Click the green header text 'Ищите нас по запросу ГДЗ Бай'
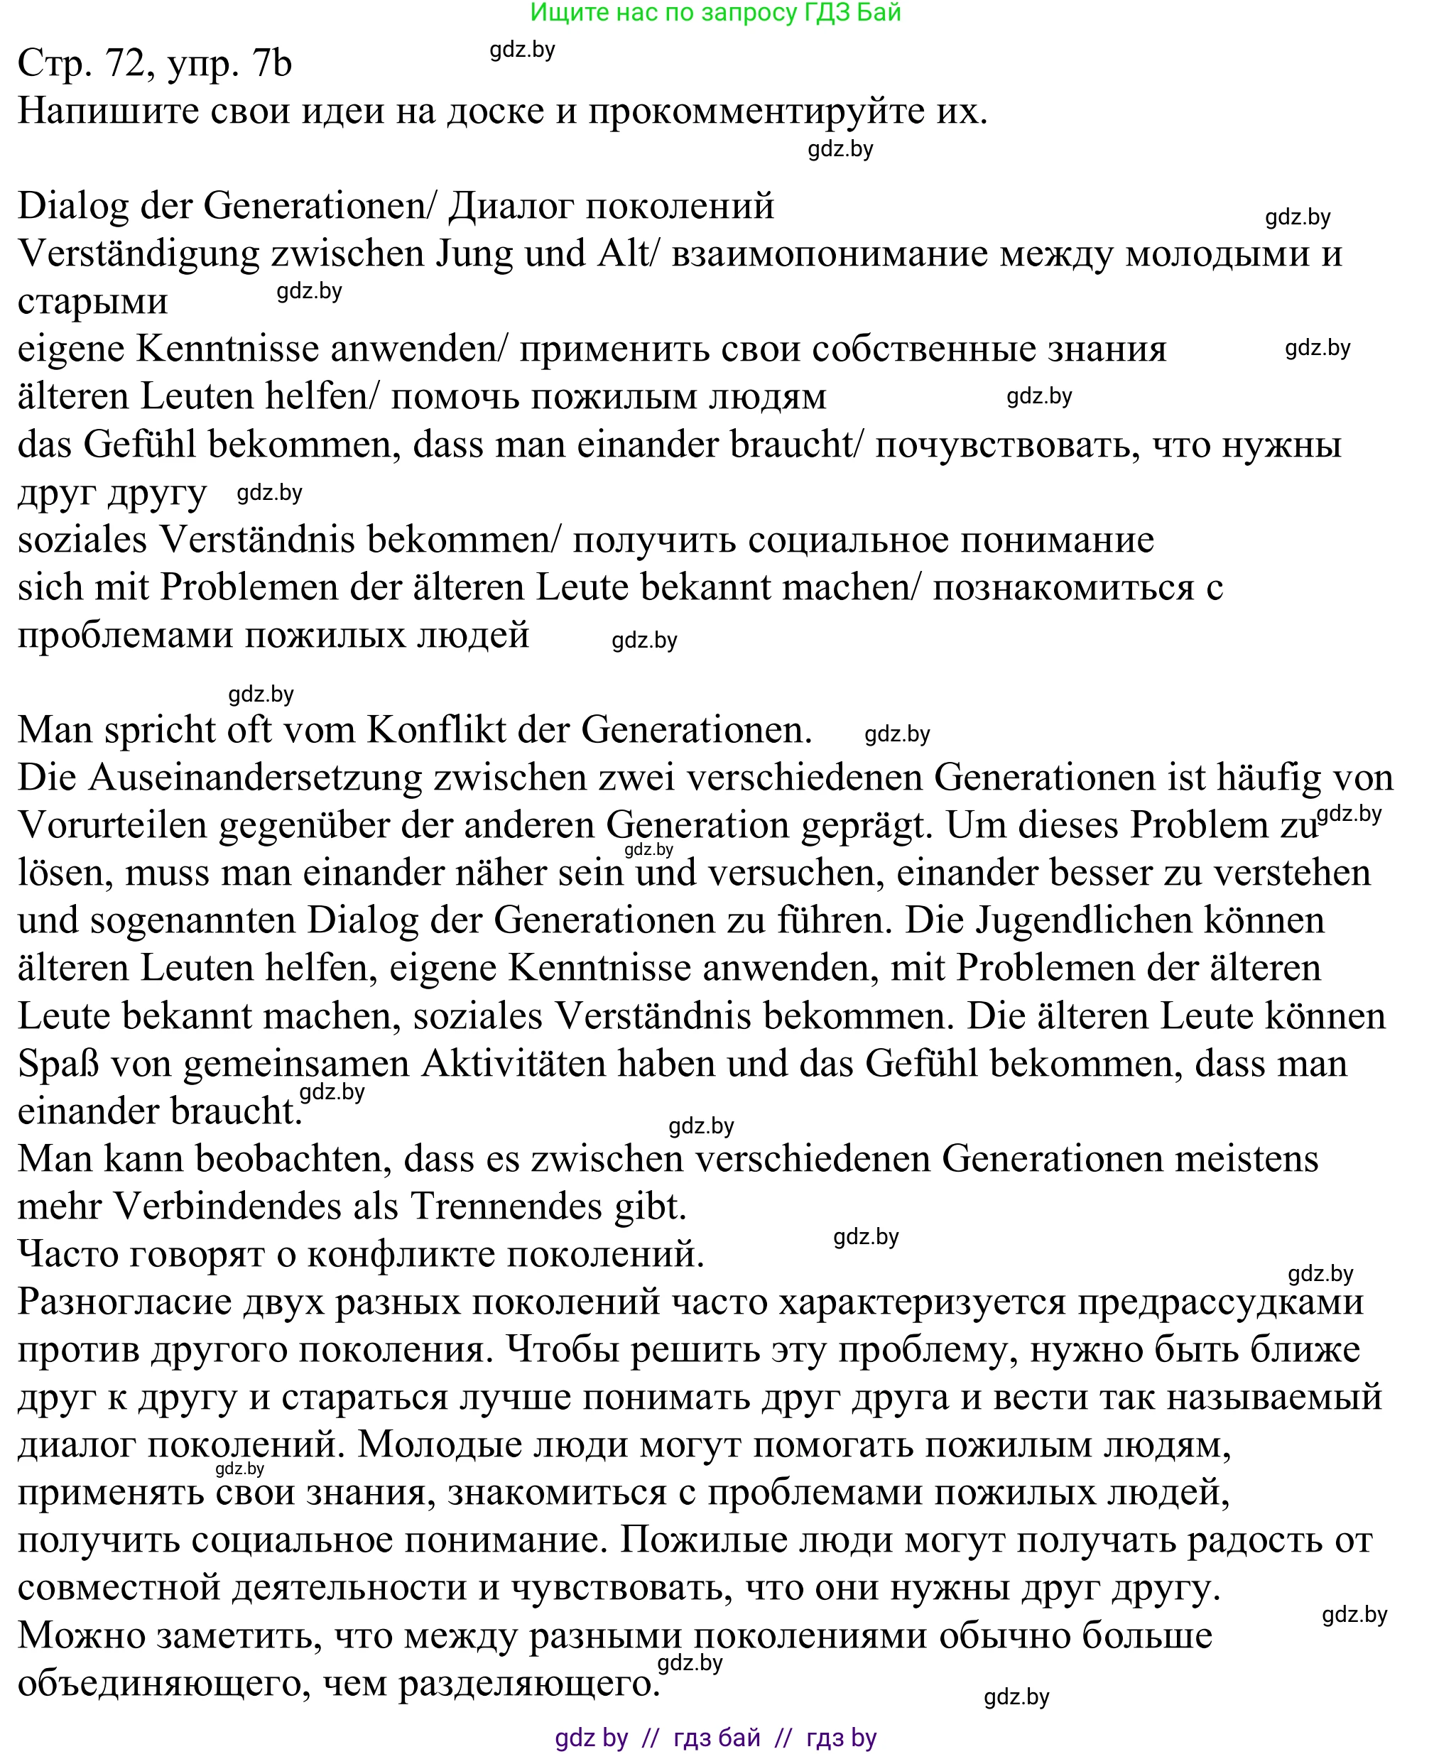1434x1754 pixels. coord(715,12)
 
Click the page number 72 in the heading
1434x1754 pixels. coord(126,64)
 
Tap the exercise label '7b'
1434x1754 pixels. coord(273,64)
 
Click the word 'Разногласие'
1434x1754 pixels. coord(124,1302)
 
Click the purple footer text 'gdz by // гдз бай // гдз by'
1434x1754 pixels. coord(715,1738)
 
